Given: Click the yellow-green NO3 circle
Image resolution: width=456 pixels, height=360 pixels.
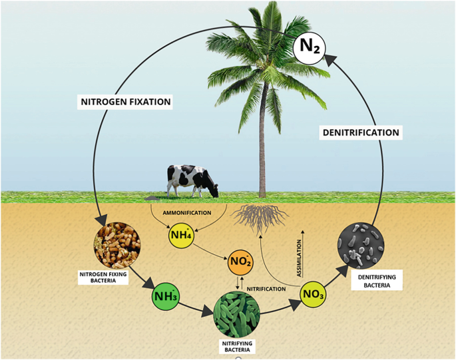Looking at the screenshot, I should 312,293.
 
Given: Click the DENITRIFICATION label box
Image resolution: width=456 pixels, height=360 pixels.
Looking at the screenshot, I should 361,132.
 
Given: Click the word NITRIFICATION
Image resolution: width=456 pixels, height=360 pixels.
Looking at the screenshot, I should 266,289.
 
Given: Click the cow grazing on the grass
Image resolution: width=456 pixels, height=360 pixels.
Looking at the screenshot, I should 191,180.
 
